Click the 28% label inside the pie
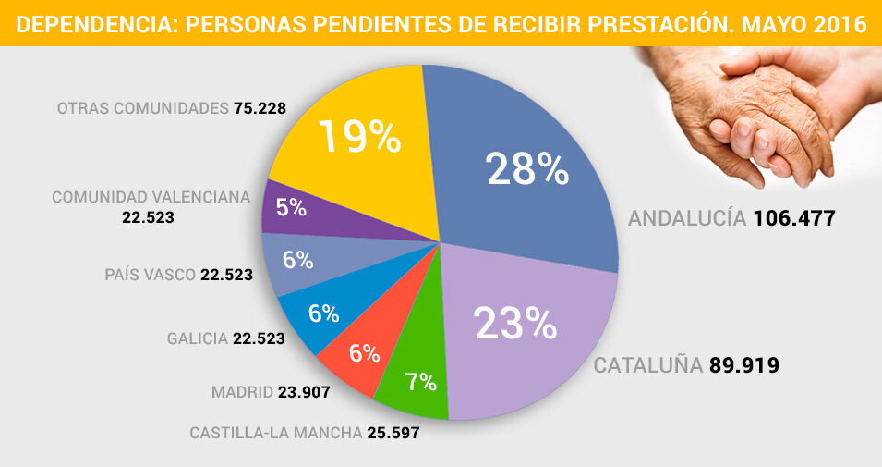[526, 169]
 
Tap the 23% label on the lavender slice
[514, 323]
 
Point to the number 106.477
[794, 219]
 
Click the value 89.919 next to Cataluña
[744, 365]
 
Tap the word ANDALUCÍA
[686, 219]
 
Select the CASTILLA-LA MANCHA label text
[274, 433]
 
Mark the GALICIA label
[198, 338]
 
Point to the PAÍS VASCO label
[151, 275]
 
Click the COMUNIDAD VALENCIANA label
[151, 197]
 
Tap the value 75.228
[260, 108]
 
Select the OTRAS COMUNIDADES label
[141, 108]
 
